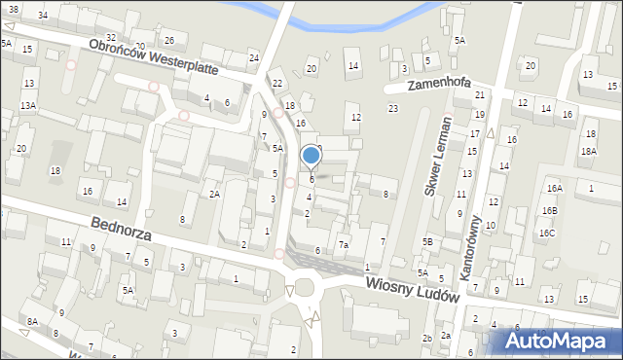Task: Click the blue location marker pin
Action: point(311,156)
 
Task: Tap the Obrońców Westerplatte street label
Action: point(156,59)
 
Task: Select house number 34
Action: point(42,16)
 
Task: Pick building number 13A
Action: point(29,105)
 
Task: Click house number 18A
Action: point(588,151)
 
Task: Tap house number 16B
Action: point(550,211)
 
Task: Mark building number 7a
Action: point(343,245)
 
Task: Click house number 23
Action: point(393,108)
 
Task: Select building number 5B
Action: point(427,241)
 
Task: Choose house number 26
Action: point(168,40)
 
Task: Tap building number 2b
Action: point(427,338)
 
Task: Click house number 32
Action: point(110,37)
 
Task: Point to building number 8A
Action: point(32,321)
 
